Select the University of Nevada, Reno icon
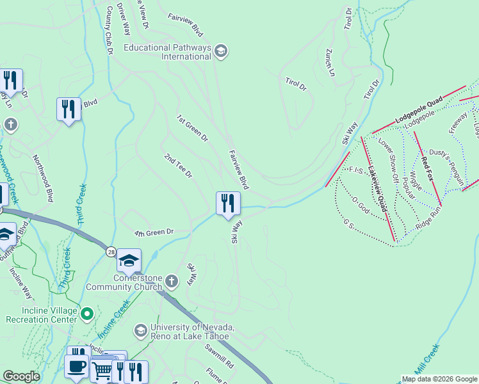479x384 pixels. (x=140, y=330)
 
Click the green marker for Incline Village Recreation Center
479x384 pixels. (x=89, y=314)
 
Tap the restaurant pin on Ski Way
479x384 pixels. (x=228, y=205)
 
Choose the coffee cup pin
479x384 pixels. (x=77, y=367)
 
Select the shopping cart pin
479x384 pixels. (x=101, y=370)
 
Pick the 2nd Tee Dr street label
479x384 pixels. (x=178, y=166)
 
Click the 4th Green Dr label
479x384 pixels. (x=154, y=232)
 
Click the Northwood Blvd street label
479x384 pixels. (x=42, y=180)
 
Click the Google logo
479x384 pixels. (x=21, y=377)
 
